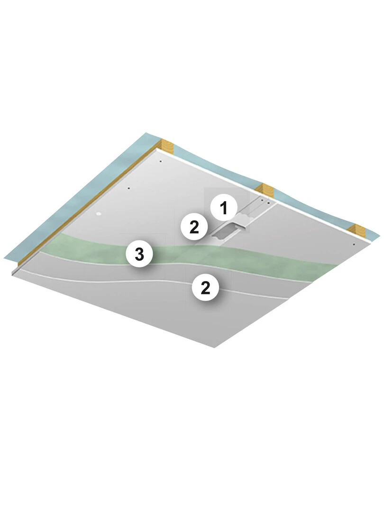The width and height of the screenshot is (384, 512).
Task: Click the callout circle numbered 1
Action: click(x=224, y=208)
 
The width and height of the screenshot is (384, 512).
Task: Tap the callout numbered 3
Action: click(x=139, y=254)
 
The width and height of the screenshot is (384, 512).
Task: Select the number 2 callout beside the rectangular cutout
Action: click(x=194, y=227)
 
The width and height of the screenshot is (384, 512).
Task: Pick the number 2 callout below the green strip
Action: click(x=205, y=288)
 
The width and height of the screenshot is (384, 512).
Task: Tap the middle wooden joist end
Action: click(x=266, y=191)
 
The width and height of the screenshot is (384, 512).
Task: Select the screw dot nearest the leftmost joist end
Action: click(x=160, y=161)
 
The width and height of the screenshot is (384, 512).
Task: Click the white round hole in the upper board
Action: click(x=99, y=214)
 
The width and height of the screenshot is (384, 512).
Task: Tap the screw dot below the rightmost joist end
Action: click(x=354, y=244)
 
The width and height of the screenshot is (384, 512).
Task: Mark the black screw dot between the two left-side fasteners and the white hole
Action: click(x=129, y=188)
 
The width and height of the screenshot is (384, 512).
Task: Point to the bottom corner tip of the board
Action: click(x=215, y=347)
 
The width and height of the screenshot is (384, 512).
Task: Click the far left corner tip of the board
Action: click(x=12, y=273)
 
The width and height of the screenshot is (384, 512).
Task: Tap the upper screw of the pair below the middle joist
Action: click(x=262, y=200)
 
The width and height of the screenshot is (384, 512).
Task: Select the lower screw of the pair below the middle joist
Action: click(x=268, y=203)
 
